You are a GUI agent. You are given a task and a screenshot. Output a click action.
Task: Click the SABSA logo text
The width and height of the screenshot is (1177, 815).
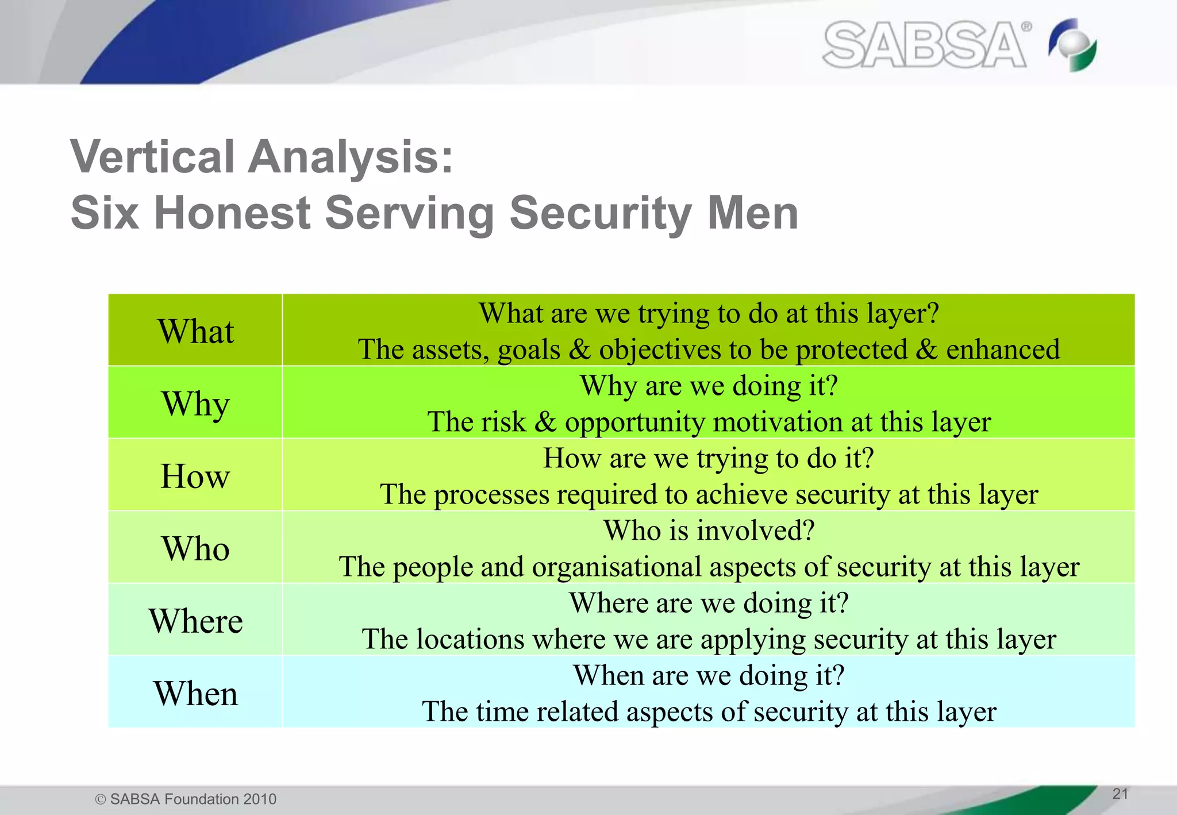click(924, 45)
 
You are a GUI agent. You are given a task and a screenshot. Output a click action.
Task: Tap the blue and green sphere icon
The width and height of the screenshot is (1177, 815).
click(1072, 45)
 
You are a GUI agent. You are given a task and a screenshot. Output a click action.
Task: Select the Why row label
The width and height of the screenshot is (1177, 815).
click(195, 403)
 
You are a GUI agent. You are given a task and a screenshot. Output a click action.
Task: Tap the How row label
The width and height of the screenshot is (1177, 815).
click(195, 476)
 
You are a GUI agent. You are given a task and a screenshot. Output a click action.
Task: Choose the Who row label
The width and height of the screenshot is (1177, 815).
click(195, 548)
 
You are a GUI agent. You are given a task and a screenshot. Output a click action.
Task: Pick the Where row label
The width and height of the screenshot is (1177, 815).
click(195, 621)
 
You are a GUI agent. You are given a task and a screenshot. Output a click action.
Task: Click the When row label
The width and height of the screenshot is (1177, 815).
click(195, 693)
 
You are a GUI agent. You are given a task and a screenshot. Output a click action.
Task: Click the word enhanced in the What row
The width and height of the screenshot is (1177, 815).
click(1003, 349)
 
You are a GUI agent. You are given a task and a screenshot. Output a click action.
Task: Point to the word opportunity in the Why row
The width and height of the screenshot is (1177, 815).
click(635, 423)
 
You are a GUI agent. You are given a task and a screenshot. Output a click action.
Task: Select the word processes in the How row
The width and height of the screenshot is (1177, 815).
click(491, 495)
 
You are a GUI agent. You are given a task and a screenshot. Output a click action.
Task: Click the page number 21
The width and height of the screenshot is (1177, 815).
click(1120, 794)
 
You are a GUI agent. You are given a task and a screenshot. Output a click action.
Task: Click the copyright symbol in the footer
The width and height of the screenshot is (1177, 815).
click(101, 799)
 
